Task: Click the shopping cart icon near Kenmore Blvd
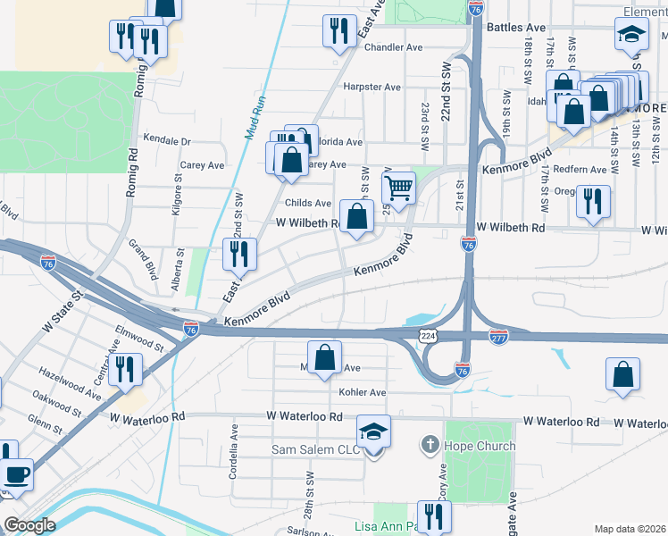tap(398, 188)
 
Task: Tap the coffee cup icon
tap(17, 473)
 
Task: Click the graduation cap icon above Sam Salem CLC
tap(374, 432)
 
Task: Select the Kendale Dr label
tap(167, 141)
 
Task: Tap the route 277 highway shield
tap(499, 336)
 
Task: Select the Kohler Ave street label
tap(362, 392)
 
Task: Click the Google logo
tap(29, 525)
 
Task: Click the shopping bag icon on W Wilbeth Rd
tap(356, 216)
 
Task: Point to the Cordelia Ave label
tap(234, 451)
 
